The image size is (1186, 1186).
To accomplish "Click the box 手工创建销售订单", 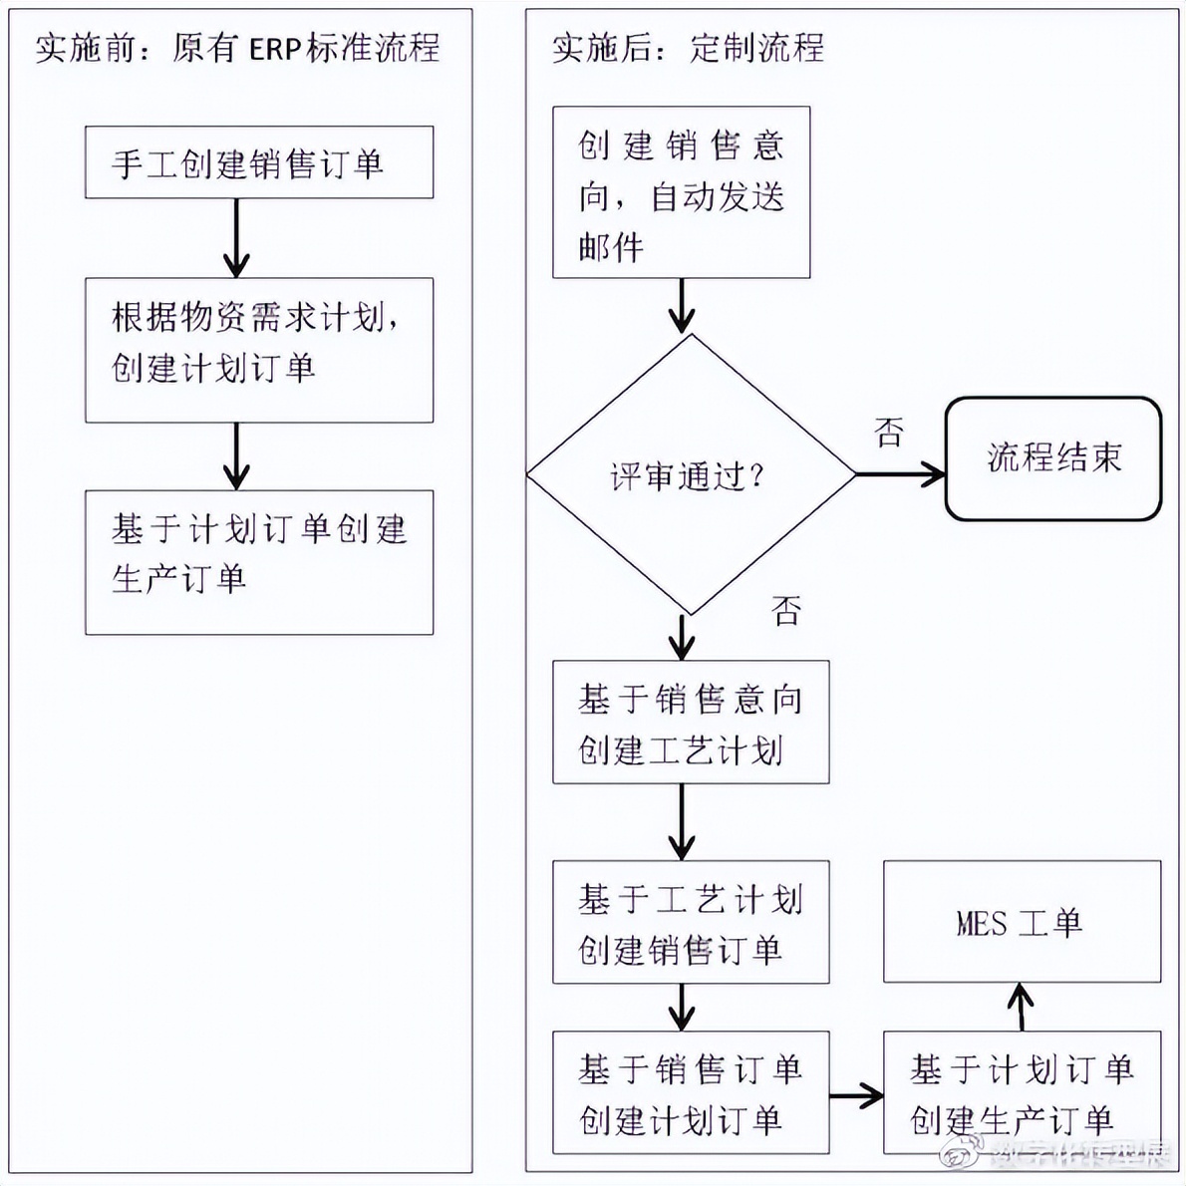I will click(x=258, y=162).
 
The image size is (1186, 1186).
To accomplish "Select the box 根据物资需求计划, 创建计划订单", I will click(x=258, y=350).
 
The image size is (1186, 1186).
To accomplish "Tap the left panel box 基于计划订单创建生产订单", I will click(x=258, y=562).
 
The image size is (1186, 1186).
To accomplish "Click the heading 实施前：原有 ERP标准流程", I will click(x=237, y=48).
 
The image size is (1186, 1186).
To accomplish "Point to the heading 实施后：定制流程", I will click(x=688, y=48).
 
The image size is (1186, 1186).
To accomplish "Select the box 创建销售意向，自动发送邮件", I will click(x=681, y=192).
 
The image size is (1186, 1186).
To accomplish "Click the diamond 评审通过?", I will click(x=690, y=475).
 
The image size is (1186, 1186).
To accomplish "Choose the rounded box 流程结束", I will click(x=1052, y=458).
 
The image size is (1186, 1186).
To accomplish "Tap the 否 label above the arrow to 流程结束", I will click(x=889, y=432).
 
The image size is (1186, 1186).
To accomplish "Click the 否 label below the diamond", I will click(x=786, y=610).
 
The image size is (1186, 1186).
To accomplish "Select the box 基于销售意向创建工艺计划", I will click(x=691, y=722).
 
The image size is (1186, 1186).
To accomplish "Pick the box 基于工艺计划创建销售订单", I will click(x=691, y=922).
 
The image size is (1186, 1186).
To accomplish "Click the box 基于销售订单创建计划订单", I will click(x=691, y=1092).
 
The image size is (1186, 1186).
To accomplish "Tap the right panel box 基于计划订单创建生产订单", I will click(x=1022, y=1092).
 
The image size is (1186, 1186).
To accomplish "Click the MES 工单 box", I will click(x=1022, y=922).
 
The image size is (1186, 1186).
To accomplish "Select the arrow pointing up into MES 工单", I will click(x=1021, y=1007).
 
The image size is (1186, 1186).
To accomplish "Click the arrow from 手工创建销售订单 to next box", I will click(x=236, y=237).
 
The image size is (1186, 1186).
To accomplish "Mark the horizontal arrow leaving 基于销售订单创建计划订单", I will click(x=856, y=1097).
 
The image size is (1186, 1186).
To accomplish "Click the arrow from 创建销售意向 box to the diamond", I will click(x=682, y=305).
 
